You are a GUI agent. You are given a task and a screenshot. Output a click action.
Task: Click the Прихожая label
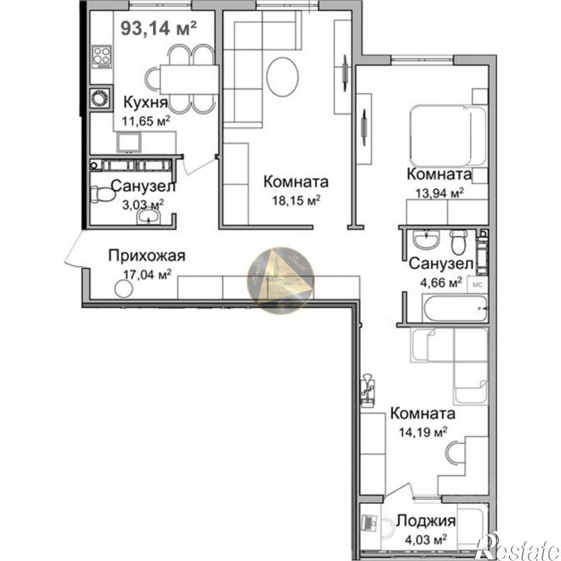pyautogui.click(x=148, y=256)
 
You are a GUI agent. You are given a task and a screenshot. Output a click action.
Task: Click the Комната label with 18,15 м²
pyautogui.click(x=296, y=182)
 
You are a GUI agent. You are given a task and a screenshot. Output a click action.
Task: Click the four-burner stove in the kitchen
pyautogui.click(x=101, y=56)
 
